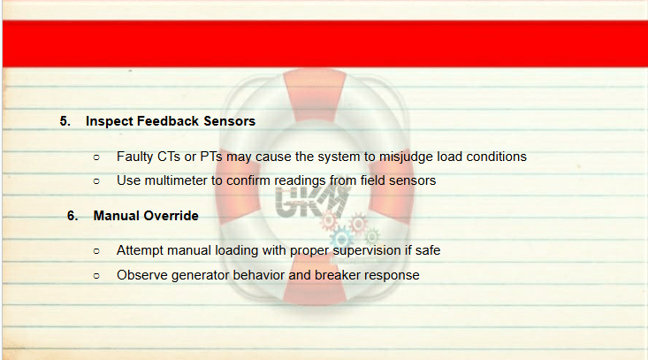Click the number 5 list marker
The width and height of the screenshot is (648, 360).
click(x=65, y=121)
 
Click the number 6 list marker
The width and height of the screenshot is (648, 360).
click(x=72, y=216)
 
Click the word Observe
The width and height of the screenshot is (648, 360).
click(x=142, y=275)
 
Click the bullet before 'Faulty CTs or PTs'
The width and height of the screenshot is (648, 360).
click(x=96, y=157)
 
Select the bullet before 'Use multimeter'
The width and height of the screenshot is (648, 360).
click(x=96, y=181)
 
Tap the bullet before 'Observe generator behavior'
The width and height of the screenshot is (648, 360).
click(x=96, y=276)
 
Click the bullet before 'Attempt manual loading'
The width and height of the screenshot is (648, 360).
click(x=96, y=251)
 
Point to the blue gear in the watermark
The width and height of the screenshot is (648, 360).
click(x=341, y=239)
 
